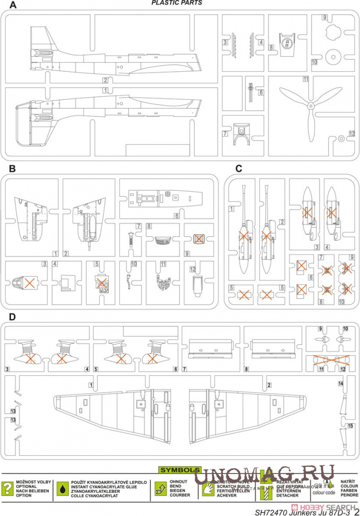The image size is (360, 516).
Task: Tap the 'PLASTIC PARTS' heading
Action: click(177, 3)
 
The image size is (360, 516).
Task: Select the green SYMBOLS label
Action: click(180, 470)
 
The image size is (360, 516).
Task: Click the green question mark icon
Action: click(8, 488)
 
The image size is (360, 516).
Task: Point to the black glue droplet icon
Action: click(62, 488)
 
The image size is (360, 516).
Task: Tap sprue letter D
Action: click(12, 317)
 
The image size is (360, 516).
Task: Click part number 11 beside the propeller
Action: click(306, 79)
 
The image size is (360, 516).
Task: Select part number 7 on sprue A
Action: click(224, 133)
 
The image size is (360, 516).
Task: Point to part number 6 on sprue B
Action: click(177, 216)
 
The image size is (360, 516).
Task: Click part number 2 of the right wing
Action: click(269, 385)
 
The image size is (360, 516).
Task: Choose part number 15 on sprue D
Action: click(349, 426)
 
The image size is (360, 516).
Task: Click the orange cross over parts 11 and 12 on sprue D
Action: click(332, 360)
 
